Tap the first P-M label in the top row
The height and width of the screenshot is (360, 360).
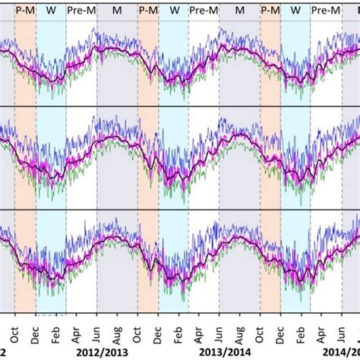point(24,10)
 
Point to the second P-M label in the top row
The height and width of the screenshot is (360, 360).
point(147,10)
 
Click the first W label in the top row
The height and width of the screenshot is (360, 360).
point(51,10)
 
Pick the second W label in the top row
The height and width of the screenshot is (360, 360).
point(175,10)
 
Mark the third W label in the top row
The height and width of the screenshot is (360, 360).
point(295,10)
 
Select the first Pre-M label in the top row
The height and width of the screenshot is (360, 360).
point(81,10)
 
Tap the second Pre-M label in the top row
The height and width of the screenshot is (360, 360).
point(203,10)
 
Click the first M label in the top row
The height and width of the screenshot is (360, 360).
point(116,10)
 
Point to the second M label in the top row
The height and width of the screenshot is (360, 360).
point(240,10)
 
